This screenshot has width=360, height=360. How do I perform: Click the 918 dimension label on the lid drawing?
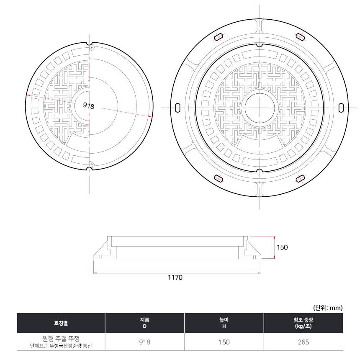[x=88, y=105]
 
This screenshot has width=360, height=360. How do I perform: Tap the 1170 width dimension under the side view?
[x=175, y=278]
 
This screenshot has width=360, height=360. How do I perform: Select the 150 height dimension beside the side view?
[x=282, y=247]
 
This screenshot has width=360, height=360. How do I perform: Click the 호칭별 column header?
[x=61, y=323]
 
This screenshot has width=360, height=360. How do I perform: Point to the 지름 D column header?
[x=145, y=323]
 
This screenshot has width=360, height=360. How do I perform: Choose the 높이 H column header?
[x=224, y=323]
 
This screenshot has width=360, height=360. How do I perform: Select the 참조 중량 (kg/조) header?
[x=303, y=323]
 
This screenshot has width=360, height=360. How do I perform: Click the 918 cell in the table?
[x=145, y=342]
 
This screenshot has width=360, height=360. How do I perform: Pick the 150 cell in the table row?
[x=224, y=342]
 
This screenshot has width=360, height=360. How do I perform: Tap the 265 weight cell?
[x=303, y=342]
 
